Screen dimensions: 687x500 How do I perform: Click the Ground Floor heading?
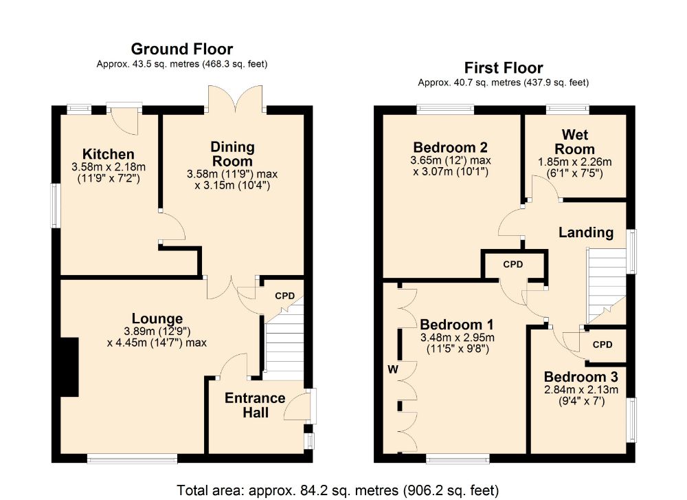coord(182,49)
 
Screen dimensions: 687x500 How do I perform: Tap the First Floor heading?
coord(504,68)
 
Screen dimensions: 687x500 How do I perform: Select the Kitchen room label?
coord(109,154)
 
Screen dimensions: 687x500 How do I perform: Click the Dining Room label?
coord(232,153)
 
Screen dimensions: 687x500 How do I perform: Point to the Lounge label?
coord(157,318)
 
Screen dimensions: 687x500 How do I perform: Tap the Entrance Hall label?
coord(255,405)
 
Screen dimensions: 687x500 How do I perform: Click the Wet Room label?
coord(575,141)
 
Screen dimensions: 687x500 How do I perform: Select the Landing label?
coord(586,232)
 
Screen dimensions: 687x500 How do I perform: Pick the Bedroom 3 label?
coord(581,377)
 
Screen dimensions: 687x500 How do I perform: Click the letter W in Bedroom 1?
coord(393,369)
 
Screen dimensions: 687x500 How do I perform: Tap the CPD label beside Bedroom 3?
coord(602,345)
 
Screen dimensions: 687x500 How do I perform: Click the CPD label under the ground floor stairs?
coord(285,296)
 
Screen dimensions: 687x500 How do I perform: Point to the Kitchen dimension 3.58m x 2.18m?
coord(109,167)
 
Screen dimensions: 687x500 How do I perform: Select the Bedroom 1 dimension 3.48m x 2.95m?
coord(457,338)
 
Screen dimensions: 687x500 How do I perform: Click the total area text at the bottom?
coord(337,490)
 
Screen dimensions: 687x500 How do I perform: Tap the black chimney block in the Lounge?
coord(69,367)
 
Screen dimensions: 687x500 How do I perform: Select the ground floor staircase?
coord(284,339)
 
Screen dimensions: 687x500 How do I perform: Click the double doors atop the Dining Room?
coord(236,99)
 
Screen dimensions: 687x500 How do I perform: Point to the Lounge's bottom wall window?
coord(133,459)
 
